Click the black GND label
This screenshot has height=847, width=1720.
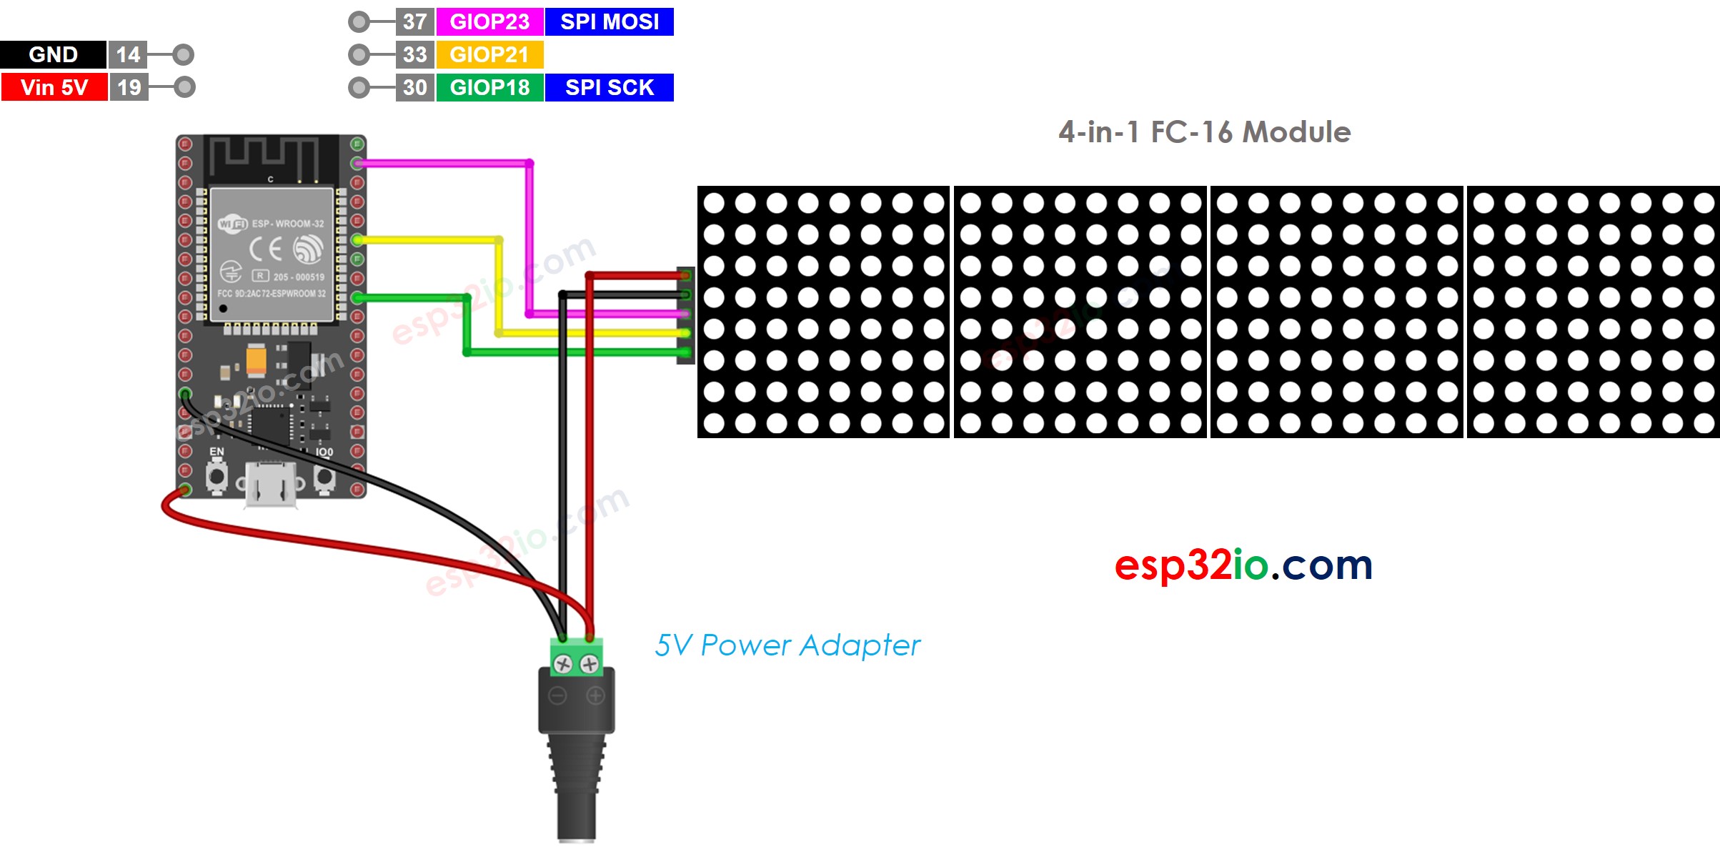point(53,54)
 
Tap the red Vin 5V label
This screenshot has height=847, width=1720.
point(54,87)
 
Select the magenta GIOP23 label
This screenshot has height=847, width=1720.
point(489,21)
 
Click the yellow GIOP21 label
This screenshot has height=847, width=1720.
point(489,54)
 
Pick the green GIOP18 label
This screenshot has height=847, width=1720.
point(489,87)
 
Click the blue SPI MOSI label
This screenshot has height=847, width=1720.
point(609,21)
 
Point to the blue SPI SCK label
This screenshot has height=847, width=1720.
point(609,87)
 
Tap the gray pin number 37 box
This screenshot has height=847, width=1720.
point(414,21)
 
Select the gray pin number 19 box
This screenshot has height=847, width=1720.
point(129,87)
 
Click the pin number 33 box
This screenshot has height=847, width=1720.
point(414,54)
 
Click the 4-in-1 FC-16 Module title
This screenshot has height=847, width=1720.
point(1204,132)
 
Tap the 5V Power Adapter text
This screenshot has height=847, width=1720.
point(787,645)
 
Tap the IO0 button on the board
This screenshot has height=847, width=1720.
point(324,477)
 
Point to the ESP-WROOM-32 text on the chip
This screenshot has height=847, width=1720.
point(287,224)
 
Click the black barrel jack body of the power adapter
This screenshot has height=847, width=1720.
point(576,743)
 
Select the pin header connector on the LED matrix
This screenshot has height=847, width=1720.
point(685,314)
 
